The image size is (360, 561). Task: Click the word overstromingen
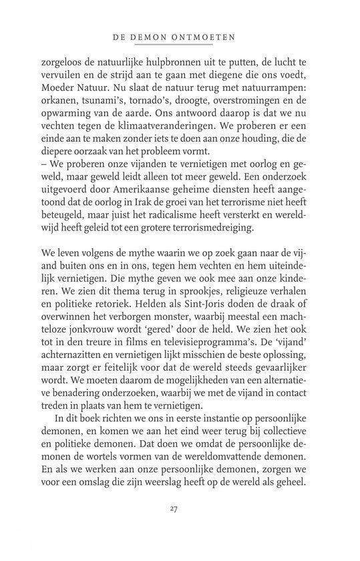click(254, 110)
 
